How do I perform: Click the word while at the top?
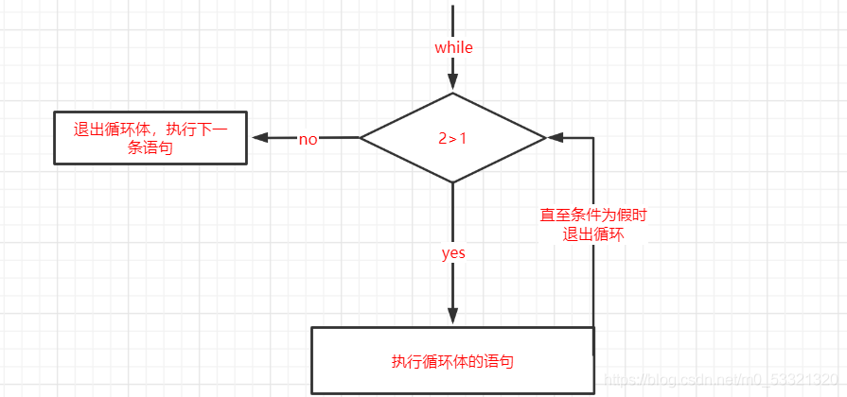[x=453, y=47]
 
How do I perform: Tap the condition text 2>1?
[x=453, y=138]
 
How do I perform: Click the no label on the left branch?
[x=309, y=139]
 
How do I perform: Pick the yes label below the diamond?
[x=453, y=253]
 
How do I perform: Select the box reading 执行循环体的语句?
[x=453, y=360]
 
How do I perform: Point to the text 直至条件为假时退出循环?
[x=593, y=225]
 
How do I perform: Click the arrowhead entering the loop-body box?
[x=453, y=316]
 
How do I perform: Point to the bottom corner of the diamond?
[x=453, y=181]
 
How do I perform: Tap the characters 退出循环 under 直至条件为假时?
[x=593, y=234]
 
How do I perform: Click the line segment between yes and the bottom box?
[x=453, y=288]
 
